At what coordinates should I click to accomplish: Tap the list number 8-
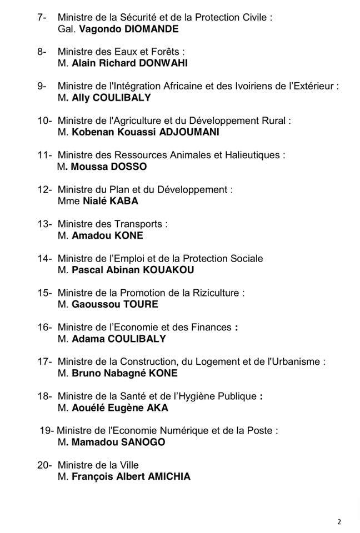(x=42, y=52)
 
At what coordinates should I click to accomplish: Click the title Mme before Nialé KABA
(x=65, y=201)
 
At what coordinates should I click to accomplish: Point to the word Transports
(x=139, y=224)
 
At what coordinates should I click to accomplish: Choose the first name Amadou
(x=91, y=235)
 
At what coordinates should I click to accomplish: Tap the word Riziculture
(x=214, y=293)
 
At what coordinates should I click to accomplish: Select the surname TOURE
(x=137, y=304)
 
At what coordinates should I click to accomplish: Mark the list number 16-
(x=44, y=327)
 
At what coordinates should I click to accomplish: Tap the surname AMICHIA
(x=168, y=476)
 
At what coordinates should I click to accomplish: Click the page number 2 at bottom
(x=339, y=521)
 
